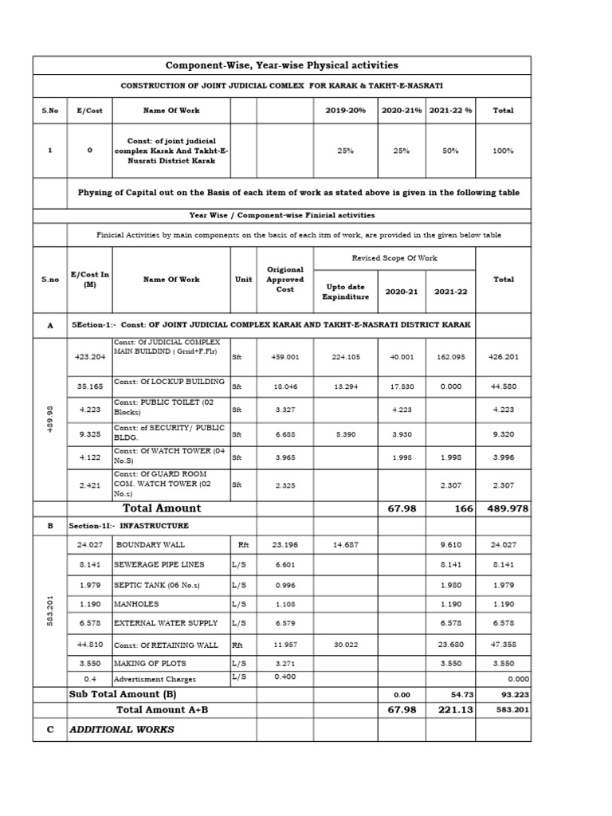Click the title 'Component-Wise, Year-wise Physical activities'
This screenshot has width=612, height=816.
coord(280,65)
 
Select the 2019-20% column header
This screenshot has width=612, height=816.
coord(345,111)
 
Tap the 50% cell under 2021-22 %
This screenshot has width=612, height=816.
coord(451,150)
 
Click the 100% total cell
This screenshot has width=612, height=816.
coord(503,150)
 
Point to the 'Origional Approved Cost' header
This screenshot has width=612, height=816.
coord(285,280)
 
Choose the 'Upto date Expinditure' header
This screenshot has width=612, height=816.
coord(345,292)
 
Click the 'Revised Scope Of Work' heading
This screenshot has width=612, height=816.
coord(394,259)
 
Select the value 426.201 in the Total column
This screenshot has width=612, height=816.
coord(503,357)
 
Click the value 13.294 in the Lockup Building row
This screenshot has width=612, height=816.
coord(345,386)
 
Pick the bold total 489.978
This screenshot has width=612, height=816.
coord(502,508)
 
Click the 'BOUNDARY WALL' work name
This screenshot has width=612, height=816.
coord(150,544)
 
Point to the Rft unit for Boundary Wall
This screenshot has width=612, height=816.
coord(243,544)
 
